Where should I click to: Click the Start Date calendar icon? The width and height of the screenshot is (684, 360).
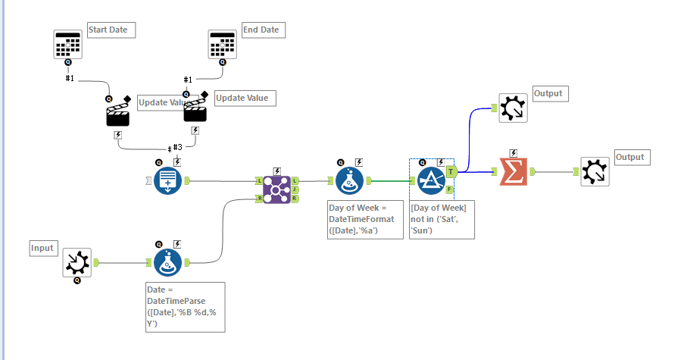67,45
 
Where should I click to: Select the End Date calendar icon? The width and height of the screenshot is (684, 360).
222,45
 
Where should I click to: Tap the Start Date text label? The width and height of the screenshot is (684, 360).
111,30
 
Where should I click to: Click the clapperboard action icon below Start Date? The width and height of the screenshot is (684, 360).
119,114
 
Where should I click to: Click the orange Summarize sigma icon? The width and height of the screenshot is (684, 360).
514,172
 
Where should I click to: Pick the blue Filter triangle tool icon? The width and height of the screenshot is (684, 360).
430,181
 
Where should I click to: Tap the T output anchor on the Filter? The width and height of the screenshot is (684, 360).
450,171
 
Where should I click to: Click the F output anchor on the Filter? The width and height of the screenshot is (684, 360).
450,189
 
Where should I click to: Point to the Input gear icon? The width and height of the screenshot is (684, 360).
77,262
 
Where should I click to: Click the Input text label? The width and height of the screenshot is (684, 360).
44,248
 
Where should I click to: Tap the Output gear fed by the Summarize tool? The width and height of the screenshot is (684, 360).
595,172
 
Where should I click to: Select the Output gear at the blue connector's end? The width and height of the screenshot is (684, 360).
513,108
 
